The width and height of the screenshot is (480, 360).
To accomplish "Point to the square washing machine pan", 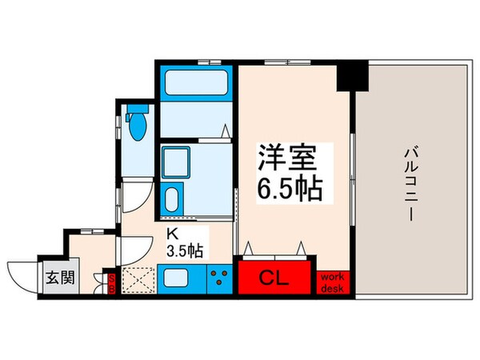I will pyautogui.click(x=174, y=162).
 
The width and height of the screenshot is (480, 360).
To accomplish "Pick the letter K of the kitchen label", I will pyautogui.click(x=171, y=234).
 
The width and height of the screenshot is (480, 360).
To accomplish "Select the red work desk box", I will pyautogui.click(x=332, y=281).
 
